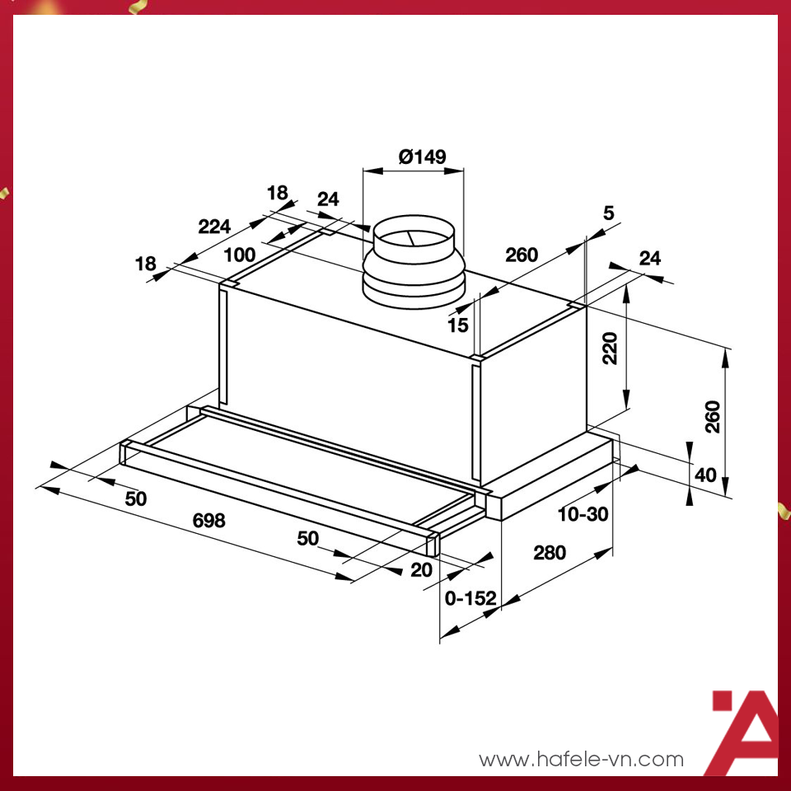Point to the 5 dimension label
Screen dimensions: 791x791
pyautogui.click(x=609, y=213)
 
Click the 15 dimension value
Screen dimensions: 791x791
pyautogui.click(x=458, y=325)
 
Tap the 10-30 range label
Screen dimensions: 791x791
pyautogui.click(x=583, y=514)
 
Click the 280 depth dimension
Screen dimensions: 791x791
pyautogui.click(x=549, y=553)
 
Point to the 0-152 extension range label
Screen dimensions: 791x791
pyautogui.click(x=469, y=600)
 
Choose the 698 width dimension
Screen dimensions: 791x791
pyautogui.click(x=208, y=521)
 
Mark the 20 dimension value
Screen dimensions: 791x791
pyautogui.click(x=421, y=569)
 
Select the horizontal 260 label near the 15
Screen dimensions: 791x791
pyautogui.click(x=522, y=255)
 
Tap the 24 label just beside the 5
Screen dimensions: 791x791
pyautogui.click(x=650, y=259)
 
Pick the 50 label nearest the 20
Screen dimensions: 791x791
pyautogui.click(x=307, y=539)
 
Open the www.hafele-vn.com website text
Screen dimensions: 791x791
pyautogui.click(x=581, y=759)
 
